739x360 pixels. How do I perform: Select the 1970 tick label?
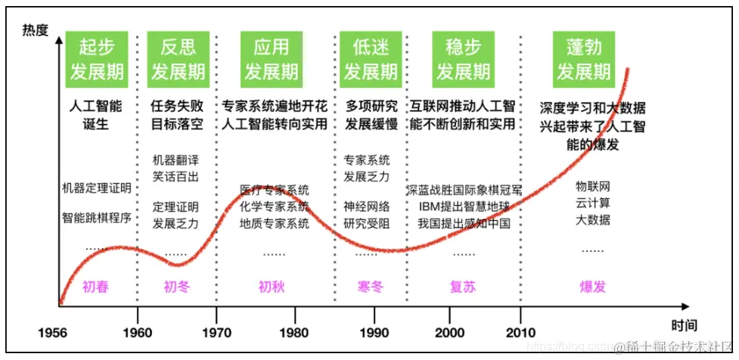click(216, 332)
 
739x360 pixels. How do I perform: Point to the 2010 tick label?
click(520, 332)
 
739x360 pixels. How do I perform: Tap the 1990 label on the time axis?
click(374, 332)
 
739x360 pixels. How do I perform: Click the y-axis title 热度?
click(35, 30)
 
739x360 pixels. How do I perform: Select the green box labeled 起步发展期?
click(97, 59)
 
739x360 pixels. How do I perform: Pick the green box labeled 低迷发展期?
click(371, 59)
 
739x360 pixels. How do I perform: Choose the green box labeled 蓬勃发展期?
click(583, 59)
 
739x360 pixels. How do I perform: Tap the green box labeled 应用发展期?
click(271, 59)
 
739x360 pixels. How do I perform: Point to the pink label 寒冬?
click(371, 287)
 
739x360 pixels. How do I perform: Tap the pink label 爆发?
click(593, 287)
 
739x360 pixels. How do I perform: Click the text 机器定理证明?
click(97, 187)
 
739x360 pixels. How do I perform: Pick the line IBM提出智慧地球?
click(464, 206)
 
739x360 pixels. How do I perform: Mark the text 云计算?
click(593, 203)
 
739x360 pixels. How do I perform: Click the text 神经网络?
click(367, 206)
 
